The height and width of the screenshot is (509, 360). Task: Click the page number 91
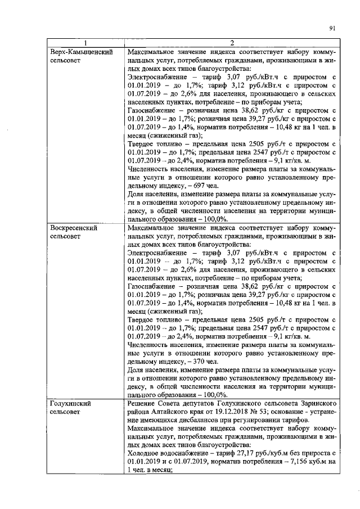coord(332,28)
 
